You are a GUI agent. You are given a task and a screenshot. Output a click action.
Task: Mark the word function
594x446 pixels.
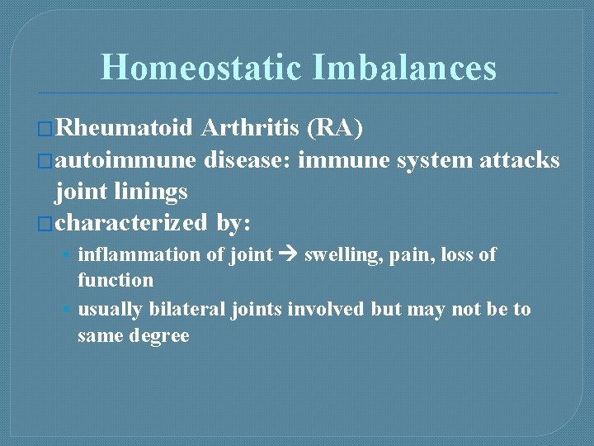pyautogui.click(x=115, y=280)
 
